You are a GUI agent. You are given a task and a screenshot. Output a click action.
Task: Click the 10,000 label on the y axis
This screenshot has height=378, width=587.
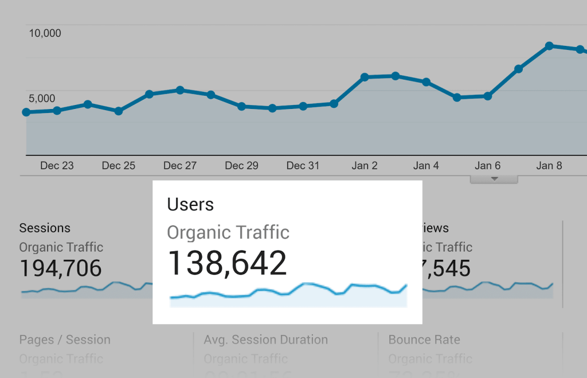click(x=45, y=33)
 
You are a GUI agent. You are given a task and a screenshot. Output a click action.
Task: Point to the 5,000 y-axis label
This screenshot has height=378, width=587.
click(x=42, y=99)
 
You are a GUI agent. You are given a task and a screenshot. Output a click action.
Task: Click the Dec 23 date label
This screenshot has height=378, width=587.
click(x=57, y=166)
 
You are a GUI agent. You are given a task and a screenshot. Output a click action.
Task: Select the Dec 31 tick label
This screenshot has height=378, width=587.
click(x=303, y=166)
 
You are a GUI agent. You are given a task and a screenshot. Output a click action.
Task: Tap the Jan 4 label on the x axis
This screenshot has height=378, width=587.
click(x=426, y=166)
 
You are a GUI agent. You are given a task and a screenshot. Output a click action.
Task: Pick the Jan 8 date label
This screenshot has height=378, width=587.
click(x=549, y=166)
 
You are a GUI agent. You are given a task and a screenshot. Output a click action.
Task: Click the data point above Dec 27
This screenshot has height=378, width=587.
click(x=180, y=90)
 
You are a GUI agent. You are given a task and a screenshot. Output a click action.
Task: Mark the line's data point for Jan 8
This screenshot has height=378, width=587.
click(x=549, y=46)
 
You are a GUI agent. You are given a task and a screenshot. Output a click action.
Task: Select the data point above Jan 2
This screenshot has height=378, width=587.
click(x=365, y=77)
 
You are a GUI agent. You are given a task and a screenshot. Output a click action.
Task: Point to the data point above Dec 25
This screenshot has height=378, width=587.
click(x=119, y=111)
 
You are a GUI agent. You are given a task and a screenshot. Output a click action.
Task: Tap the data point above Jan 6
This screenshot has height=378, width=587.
click(x=488, y=96)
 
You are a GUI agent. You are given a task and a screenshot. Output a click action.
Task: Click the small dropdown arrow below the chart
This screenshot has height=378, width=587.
click(x=494, y=180)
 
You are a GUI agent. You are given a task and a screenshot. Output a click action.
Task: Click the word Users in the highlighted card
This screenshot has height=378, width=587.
click(x=190, y=204)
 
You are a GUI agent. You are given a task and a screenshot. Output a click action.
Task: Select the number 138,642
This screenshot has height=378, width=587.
click(x=227, y=263)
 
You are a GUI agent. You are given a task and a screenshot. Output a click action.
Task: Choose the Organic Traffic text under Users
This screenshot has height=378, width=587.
click(x=228, y=232)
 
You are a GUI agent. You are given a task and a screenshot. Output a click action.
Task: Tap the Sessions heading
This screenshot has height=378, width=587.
click(x=45, y=228)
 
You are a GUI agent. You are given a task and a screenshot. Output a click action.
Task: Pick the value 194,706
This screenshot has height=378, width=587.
click(x=61, y=268)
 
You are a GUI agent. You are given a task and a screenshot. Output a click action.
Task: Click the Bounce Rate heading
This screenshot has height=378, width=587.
click(x=424, y=340)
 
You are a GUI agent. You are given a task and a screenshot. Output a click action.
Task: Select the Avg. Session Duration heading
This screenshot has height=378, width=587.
click(x=266, y=340)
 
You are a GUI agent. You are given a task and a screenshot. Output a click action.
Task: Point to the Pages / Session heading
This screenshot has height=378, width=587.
click(x=65, y=340)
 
